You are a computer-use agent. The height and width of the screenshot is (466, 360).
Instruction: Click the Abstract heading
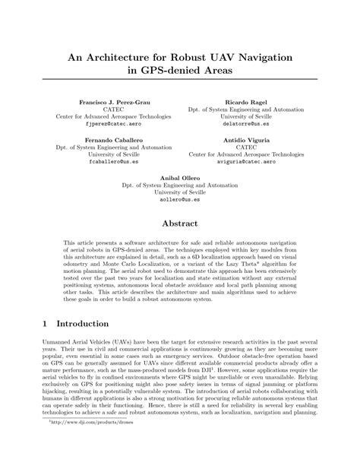click(x=180, y=223)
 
